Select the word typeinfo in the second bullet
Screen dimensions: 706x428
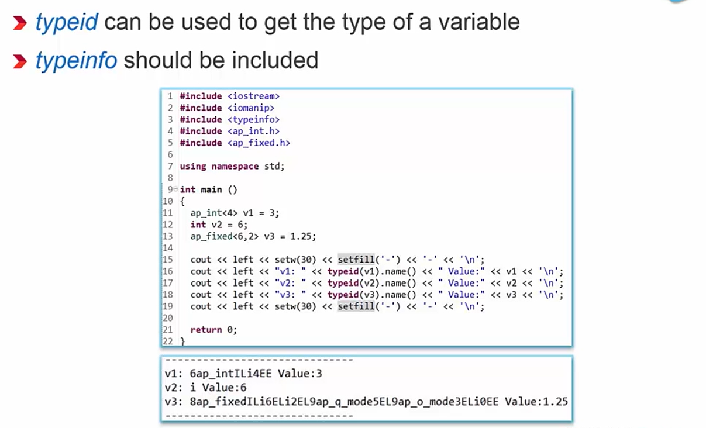coord(76,60)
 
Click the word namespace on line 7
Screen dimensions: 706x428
coord(235,166)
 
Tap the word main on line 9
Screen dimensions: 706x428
coord(211,189)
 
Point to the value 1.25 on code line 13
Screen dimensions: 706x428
coord(303,236)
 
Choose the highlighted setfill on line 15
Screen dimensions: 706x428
coord(356,260)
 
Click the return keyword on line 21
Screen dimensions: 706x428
coord(206,330)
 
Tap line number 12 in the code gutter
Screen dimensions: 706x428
coord(167,225)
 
